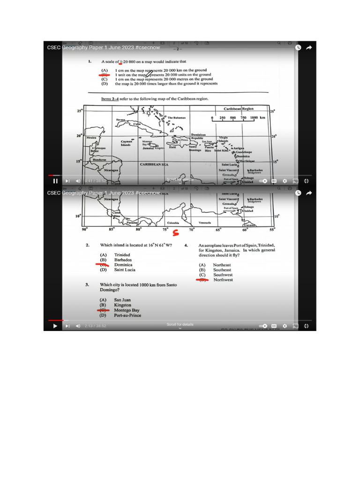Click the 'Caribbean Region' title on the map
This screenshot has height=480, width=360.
click(x=239, y=109)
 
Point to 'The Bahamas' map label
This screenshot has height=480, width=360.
click(x=177, y=118)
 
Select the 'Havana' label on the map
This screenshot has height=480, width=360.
click(x=121, y=120)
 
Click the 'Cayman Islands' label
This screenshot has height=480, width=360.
click(x=127, y=143)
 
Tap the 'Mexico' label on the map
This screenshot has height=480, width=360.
click(x=91, y=138)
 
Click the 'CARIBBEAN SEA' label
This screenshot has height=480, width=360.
click(x=154, y=165)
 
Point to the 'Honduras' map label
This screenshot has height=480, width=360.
click(x=99, y=160)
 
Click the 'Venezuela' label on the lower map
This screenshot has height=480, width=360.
click(x=205, y=223)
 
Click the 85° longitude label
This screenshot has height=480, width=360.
click(x=112, y=230)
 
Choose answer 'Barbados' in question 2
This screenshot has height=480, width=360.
click(x=123, y=260)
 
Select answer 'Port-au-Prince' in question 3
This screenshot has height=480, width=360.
click(x=127, y=315)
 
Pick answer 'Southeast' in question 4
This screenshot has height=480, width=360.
click(x=222, y=270)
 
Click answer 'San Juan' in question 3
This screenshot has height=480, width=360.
click(x=122, y=300)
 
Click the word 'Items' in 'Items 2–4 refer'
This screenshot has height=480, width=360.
click(x=106, y=99)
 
